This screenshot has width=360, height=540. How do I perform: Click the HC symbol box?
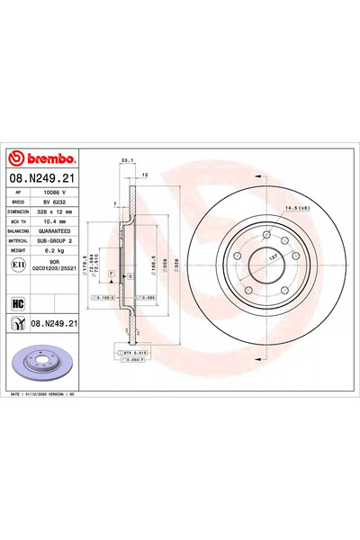(18, 302)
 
